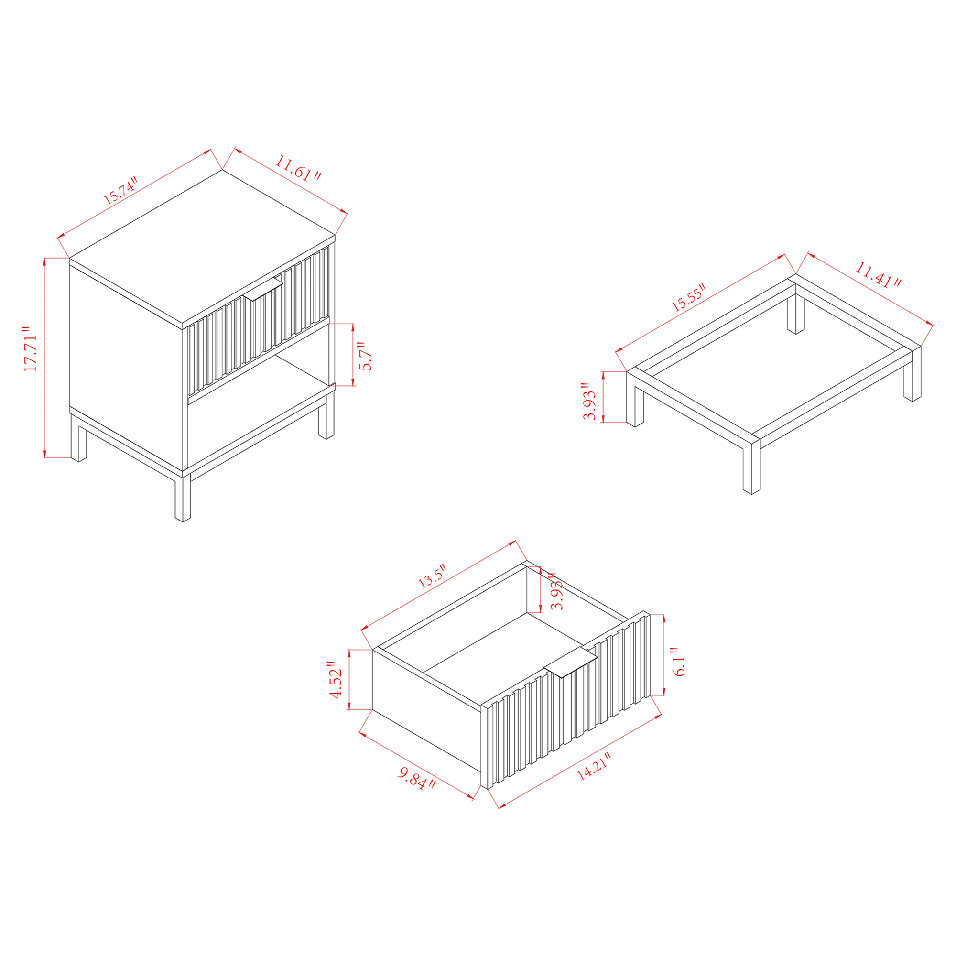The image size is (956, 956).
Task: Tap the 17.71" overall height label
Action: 31,349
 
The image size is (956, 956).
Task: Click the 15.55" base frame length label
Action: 688,297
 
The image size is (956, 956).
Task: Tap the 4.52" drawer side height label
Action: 336,680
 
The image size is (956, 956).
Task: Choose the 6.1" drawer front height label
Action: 679,663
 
